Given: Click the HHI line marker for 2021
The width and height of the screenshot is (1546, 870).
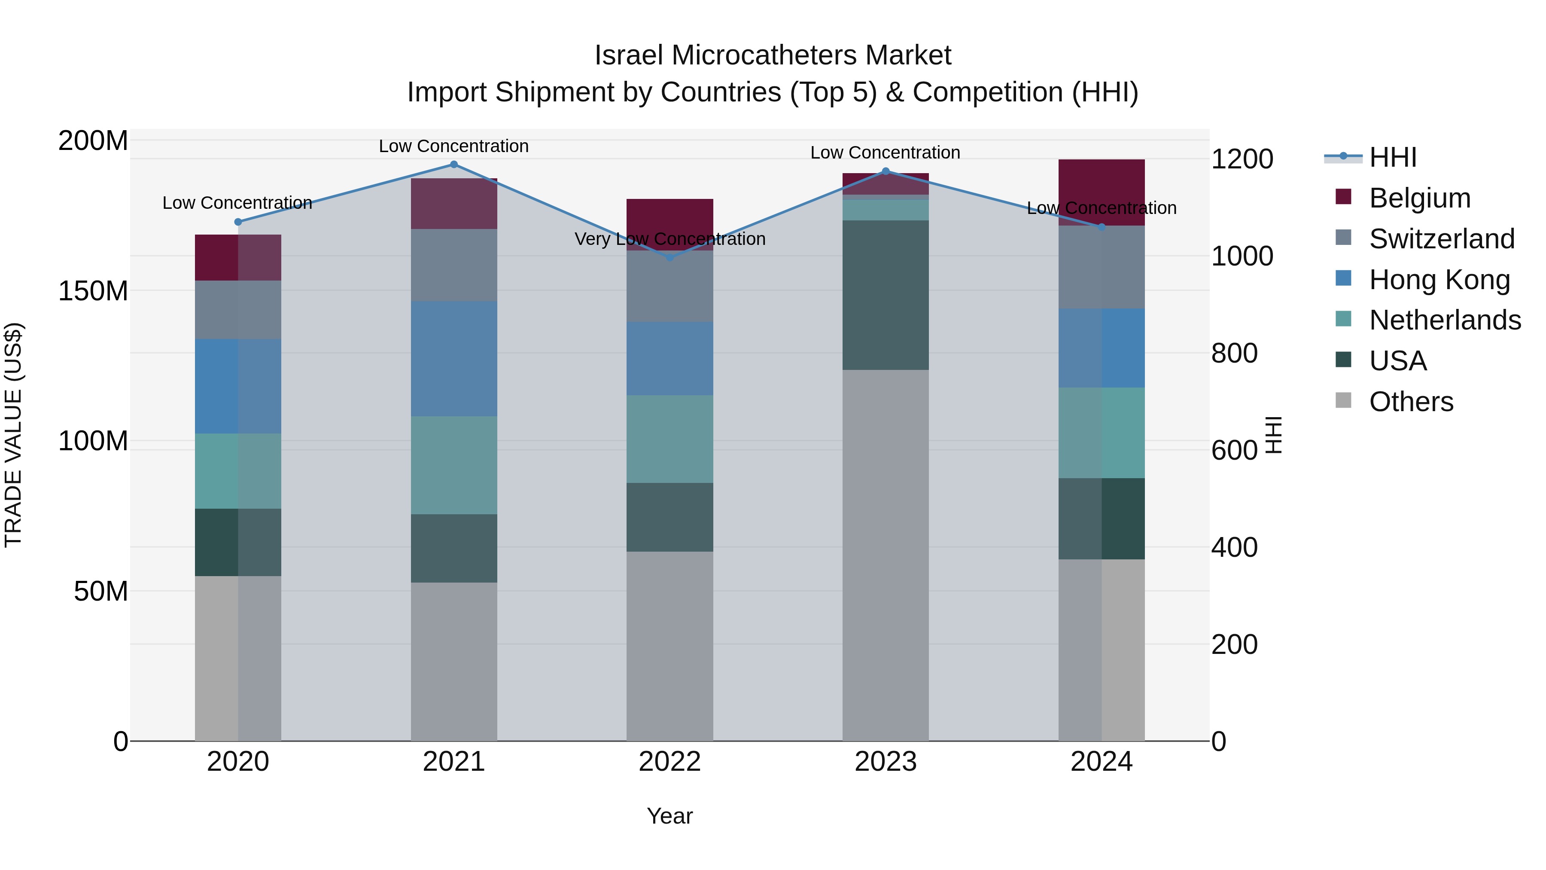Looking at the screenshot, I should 454,165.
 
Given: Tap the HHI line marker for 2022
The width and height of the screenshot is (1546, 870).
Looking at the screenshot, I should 670,258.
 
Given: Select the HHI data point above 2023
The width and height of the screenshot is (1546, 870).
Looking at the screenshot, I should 885,171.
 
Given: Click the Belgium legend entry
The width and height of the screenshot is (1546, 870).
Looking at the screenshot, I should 1419,198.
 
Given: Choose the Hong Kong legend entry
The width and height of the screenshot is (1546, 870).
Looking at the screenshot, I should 1439,280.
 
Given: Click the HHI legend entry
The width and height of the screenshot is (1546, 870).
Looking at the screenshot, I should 1392,157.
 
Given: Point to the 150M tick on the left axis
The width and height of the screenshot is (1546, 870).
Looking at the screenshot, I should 93,291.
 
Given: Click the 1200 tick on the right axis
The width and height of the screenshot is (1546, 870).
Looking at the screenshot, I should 1242,159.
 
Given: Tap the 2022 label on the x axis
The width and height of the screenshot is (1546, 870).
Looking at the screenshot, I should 670,762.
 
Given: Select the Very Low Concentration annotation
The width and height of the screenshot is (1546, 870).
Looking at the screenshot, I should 670,239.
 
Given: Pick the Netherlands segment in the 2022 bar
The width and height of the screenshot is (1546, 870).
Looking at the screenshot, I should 670,439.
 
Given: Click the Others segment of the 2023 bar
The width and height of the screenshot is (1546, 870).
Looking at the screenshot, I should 885,556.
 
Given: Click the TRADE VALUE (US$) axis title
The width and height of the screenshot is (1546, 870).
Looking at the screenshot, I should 13,435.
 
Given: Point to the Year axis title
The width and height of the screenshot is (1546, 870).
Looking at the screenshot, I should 670,816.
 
